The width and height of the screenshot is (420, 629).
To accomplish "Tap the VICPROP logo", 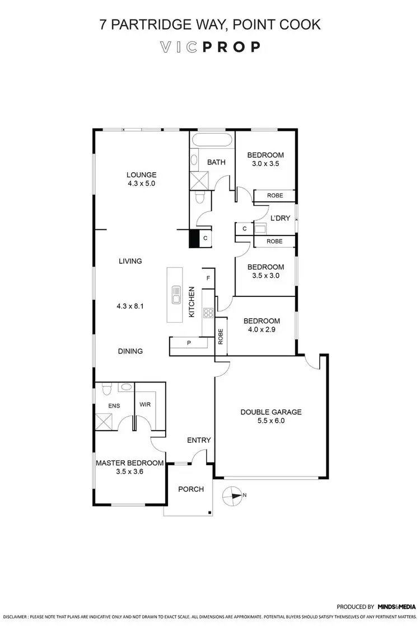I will pos(210,47).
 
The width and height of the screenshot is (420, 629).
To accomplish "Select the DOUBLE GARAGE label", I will pos(271,412).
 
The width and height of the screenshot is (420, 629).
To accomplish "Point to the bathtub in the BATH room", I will pos(212,140).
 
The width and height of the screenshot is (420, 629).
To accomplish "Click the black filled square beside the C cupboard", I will pos(194,239).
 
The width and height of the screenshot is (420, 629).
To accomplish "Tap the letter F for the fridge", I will pos(208,278).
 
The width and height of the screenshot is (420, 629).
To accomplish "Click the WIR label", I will pos(144,404).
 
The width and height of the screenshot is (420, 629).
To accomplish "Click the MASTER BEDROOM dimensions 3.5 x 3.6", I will pos(129,472).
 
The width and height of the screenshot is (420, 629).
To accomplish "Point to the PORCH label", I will pos(191,489).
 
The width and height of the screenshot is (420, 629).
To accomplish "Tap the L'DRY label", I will pos(280,218).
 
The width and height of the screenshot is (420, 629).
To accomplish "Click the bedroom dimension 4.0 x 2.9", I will pos(261,330).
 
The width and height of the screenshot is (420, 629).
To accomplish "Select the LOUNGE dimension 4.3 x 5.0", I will pos(141,183).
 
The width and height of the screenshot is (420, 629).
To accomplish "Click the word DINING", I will pos(130,351).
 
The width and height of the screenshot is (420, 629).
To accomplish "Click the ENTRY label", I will pos(199,440).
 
